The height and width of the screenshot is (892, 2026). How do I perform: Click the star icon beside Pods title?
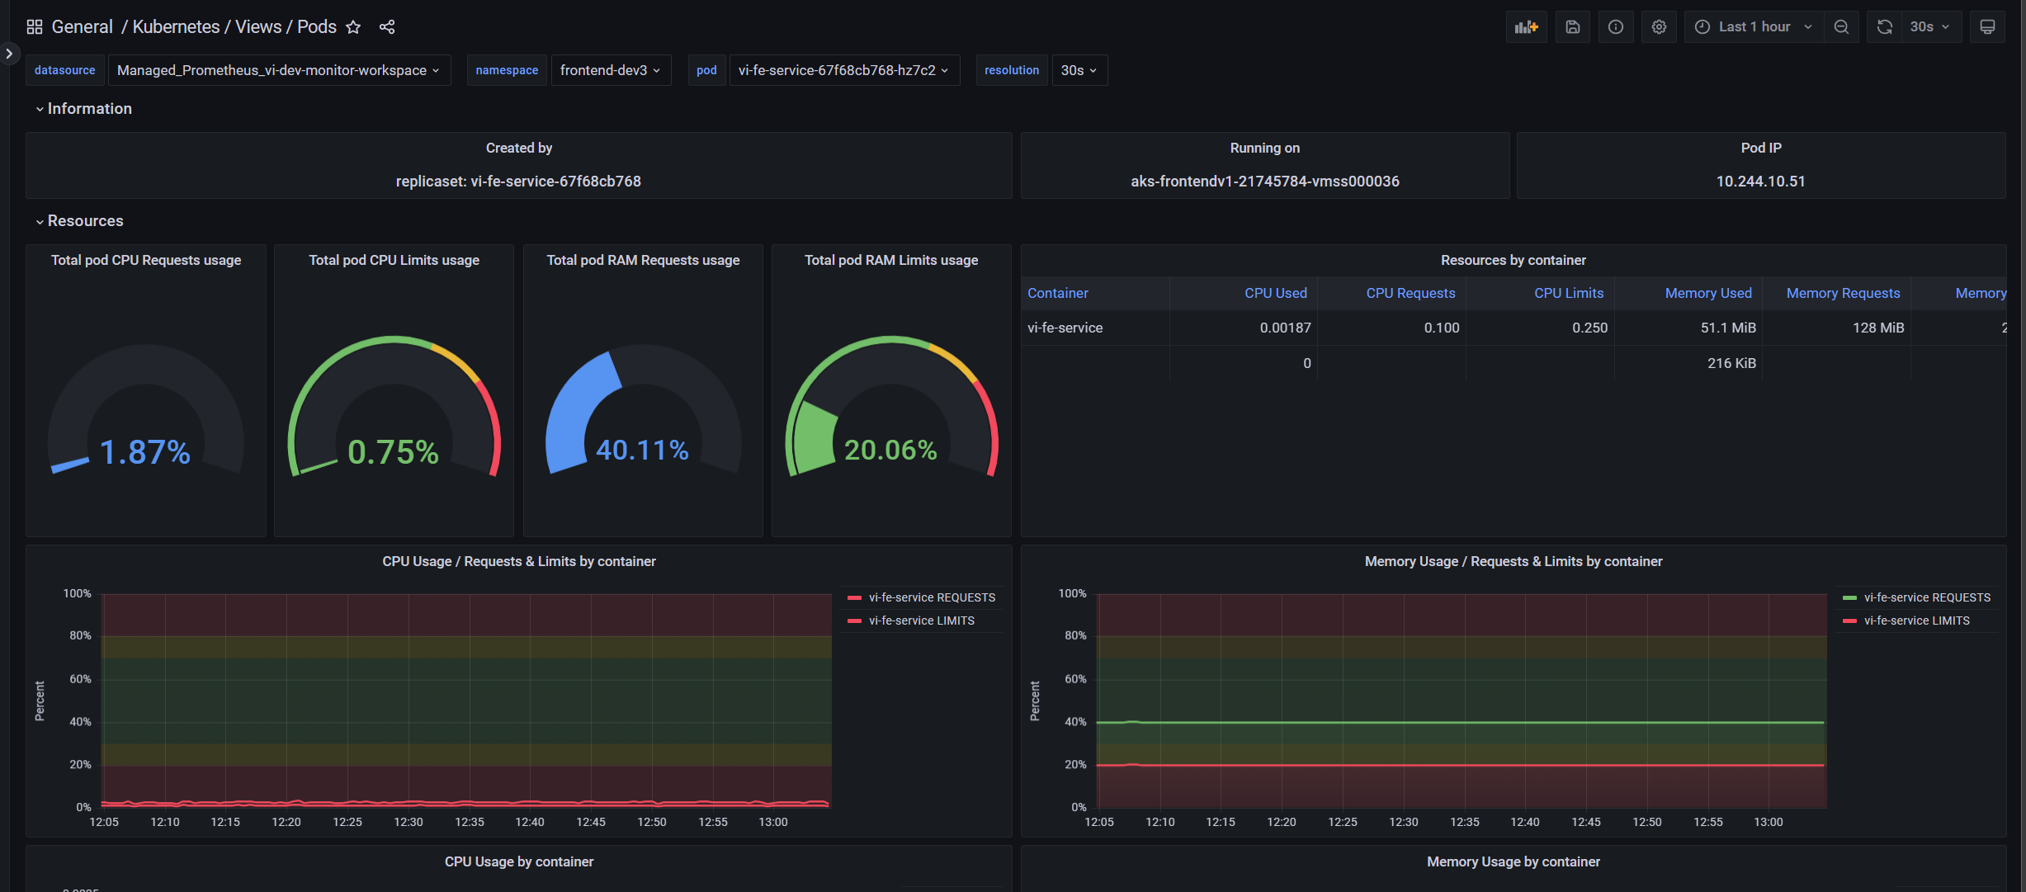coord(353,27)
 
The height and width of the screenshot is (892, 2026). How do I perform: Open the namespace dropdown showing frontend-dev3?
coord(610,70)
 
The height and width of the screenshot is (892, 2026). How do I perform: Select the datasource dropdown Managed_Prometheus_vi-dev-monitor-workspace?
coord(278,70)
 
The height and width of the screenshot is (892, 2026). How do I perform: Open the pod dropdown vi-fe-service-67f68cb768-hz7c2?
coord(843,70)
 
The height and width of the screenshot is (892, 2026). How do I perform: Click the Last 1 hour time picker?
coord(1754,27)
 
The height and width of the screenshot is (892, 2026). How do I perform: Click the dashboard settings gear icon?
coord(1659,27)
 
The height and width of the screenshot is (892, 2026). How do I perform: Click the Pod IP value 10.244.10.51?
coord(1760,182)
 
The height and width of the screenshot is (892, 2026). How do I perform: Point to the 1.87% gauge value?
coord(145,452)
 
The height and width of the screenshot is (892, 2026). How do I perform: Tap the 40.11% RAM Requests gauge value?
coord(642,451)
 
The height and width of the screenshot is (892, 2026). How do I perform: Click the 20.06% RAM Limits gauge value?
coord(890,451)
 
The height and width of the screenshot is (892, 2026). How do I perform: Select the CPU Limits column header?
coord(1568,293)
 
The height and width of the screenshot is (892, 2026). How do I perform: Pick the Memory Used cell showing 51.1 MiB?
coord(1727,328)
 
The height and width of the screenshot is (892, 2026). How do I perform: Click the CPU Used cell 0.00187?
coord(1284,328)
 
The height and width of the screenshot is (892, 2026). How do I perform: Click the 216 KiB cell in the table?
coord(1731,363)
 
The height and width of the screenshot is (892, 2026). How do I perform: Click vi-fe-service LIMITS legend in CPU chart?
coord(921,621)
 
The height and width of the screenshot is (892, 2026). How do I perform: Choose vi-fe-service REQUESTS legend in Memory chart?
coord(1926,597)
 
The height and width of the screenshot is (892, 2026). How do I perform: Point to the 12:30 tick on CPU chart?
coord(408,822)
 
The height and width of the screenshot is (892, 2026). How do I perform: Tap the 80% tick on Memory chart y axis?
coord(1074,635)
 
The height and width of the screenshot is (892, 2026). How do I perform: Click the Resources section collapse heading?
coord(85,221)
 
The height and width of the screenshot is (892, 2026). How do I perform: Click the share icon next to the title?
coord(387,27)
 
